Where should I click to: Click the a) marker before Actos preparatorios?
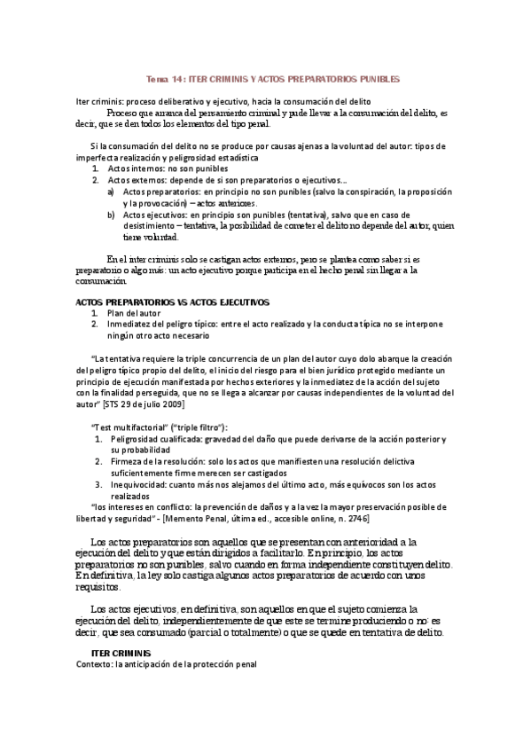[x=111, y=191]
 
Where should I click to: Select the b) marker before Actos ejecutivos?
[x=111, y=215]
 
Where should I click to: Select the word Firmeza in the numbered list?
[x=123, y=462]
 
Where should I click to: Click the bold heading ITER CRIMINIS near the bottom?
[x=121, y=653]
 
